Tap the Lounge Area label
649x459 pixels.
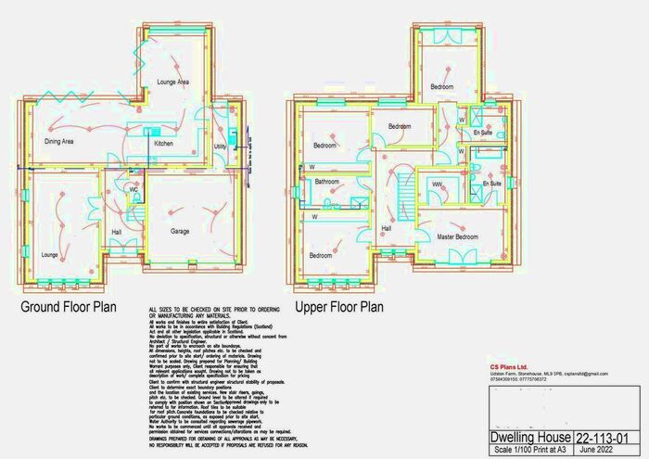[173, 83]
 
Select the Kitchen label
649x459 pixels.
[163, 145]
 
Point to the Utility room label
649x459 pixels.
[220, 147]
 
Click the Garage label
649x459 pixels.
[180, 230]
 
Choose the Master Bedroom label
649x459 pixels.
[458, 237]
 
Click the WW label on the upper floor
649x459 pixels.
[436, 185]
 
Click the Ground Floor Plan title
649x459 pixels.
[69, 307]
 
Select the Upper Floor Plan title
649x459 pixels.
[339, 307]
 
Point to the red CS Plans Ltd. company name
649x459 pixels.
[510, 366]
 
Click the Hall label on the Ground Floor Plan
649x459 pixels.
[117, 232]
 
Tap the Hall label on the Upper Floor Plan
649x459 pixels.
[386, 227]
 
